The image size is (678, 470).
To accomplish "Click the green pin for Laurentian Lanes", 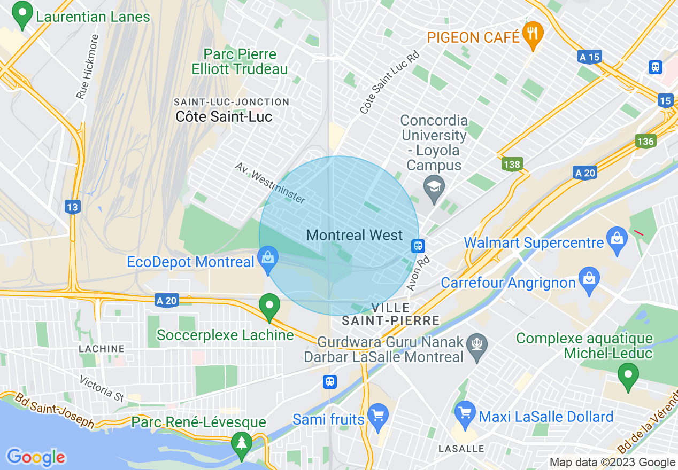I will pyautogui.click(x=22, y=16).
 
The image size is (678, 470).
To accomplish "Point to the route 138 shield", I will pyautogui.click(x=512, y=164).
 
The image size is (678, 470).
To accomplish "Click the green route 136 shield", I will pyautogui.click(x=646, y=141).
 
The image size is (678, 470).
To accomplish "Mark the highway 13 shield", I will pyautogui.click(x=73, y=207).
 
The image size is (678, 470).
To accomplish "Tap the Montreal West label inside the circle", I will pyautogui.click(x=355, y=235).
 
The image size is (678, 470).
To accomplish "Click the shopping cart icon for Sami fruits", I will pyautogui.click(x=378, y=417).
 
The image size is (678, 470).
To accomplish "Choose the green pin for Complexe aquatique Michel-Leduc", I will pyautogui.click(x=628, y=376).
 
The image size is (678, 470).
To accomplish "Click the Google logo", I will pyautogui.click(x=36, y=457).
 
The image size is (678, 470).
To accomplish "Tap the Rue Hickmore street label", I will pyautogui.click(x=88, y=66).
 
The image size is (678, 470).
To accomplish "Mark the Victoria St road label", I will pyautogui.click(x=102, y=389).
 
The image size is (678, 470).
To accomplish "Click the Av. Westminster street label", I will pyautogui.click(x=271, y=183).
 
